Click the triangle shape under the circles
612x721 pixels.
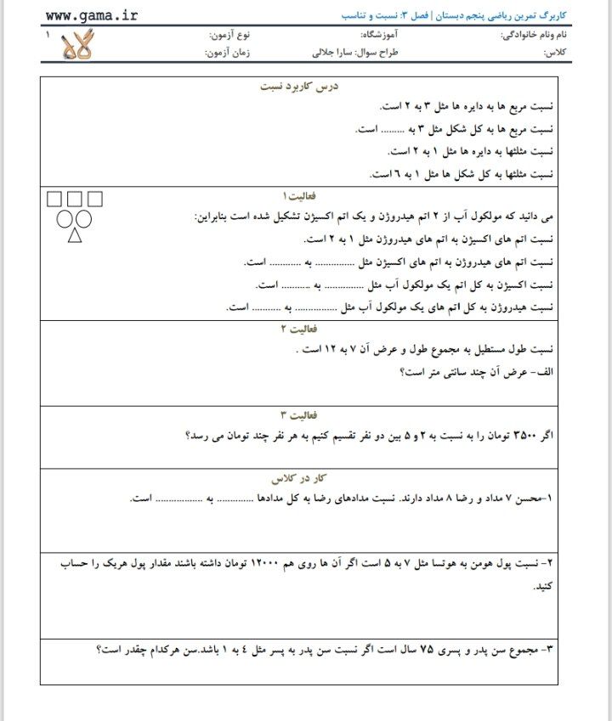click(x=75, y=235)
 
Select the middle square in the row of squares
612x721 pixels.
click(x=75, y=200)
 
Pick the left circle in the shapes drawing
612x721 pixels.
click(x=65, y=219)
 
